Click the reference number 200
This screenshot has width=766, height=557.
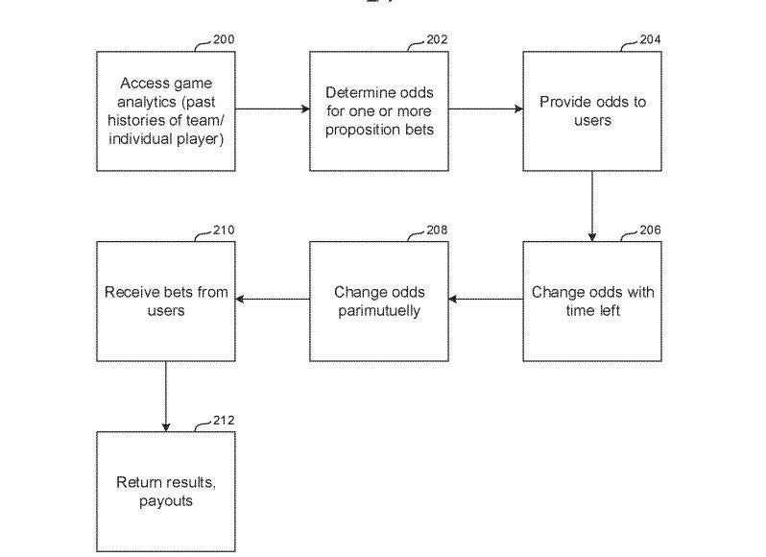pyautogui.click(x=224, y=39)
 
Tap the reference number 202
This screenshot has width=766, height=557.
pyautogui.click(x=437, y=39)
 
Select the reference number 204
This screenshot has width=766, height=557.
pyautogui.click(x=650, y=39)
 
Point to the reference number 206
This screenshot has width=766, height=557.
pyautogui.click(x=650, y=230)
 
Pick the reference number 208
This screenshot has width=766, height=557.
pyautogui.click(x=437, y=230)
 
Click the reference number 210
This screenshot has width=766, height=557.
pyautogui.click(x=224, y=230)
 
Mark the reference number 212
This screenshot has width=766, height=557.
pyautogui.click(x=224, y=421)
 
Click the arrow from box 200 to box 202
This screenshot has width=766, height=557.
pyautogui.click(x=273, y=109)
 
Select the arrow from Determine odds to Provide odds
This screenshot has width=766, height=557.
pyautogui.click(x=486, y=109)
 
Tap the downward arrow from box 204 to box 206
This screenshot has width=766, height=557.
pyautogui.click(x=592, y=206)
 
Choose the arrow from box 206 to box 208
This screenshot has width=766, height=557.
pyautogui.click(x=486, y=299)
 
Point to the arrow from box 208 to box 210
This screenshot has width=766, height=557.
pyautogui.click(x=273, y=299)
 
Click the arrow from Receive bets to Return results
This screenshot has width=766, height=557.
pyautogui.click(x=166, y=397)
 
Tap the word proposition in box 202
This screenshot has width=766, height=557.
pyautogui.click(x=360, y=131)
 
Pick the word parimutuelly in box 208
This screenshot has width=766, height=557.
pyautogui.click(x=379, y=311)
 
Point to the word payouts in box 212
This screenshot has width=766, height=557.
pyautogui.click(x=166, y=502)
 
